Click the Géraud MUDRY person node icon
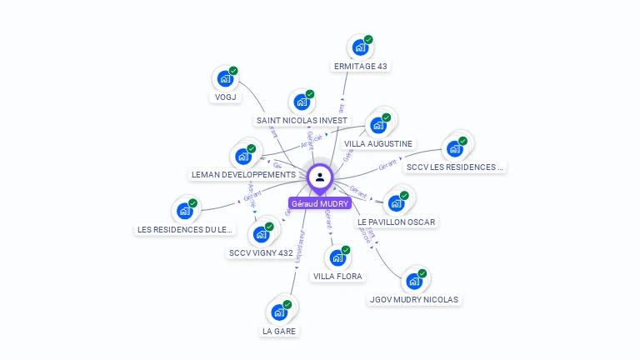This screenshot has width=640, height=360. coord(320,177)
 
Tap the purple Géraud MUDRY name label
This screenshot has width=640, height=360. coord(320,203)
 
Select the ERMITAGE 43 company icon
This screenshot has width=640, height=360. coord(360,47)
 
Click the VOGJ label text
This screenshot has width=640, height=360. coord(222,97)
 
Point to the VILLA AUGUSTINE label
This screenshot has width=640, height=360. coord(377,144)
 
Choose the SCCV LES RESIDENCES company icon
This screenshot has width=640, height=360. coord(455,148)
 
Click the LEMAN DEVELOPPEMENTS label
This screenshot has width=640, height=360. coord(243,175)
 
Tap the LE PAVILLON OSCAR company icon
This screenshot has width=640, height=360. coord(396,202)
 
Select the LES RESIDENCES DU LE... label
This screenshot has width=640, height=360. coord(186,229)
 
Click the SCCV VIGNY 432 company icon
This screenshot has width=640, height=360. coord(262,233)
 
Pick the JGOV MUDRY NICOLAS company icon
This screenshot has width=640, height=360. coord(413,281)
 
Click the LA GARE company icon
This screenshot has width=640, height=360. coord(279,312)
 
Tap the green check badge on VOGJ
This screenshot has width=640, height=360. coord(233,71)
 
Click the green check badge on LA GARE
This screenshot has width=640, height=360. coord(287,304)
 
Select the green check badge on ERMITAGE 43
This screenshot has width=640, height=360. coord(368,39)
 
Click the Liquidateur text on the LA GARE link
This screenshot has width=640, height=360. coord(299,247)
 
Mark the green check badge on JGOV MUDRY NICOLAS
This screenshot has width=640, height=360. coord(422,273)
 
